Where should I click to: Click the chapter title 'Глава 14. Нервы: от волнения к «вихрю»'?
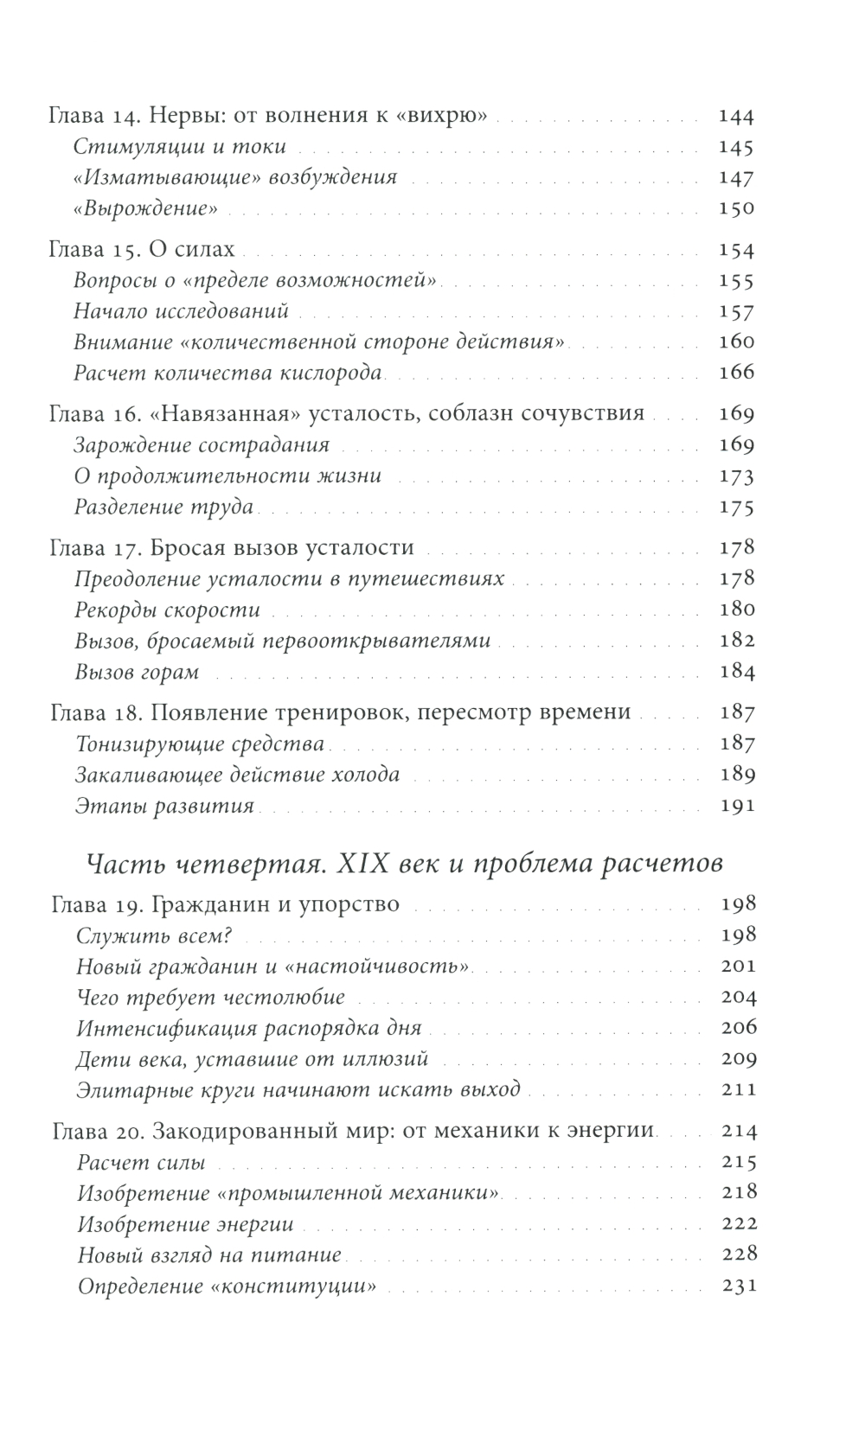(266, 116)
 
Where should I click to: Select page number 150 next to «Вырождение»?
(736, 207)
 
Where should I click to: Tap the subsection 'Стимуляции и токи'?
(179, 147)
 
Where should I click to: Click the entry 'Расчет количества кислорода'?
(227, 373)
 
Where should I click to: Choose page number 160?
(736, 341)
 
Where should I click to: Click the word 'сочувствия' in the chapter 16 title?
(584, 413)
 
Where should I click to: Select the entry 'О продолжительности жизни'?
(227, 476)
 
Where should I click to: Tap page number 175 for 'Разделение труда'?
(736, 507)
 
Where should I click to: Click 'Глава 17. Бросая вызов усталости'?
(232, 547)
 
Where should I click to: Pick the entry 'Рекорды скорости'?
(167, 610)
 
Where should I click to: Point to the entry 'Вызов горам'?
(137, 672)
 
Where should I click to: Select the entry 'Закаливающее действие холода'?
(237, 774)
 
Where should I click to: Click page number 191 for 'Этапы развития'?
(736, 806)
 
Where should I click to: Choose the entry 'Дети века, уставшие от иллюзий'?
(252, 1059)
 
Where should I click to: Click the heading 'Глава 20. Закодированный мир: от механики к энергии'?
(353, 1131)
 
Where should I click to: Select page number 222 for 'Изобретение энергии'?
(738, 1224)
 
